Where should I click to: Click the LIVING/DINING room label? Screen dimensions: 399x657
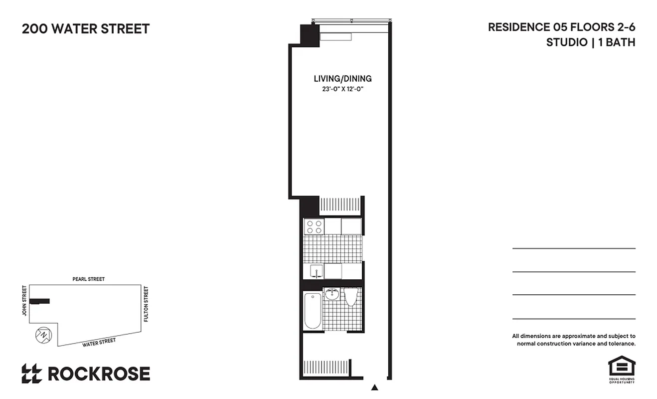click(x=342, y=79)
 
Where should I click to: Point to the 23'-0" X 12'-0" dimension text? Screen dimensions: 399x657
click(x=342, y=90)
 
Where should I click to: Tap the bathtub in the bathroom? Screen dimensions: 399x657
click(x=313, y=310)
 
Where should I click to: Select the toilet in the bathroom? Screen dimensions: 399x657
click(x=351, y=297)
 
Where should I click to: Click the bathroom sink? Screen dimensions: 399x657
click(x=332, y=295)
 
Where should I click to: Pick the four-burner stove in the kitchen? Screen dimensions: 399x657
click(x=314, y=227)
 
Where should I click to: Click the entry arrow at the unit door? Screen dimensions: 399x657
click(x=375, y=387)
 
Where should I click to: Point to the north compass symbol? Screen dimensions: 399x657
click(x=43, y=335)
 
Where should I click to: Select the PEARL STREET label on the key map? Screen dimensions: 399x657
click(x=88, y=279)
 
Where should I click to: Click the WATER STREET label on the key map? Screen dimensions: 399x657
click(x=99, y=342)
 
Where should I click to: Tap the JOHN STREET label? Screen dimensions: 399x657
click(x=23, y=301)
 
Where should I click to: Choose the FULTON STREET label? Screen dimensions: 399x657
click(x=146, y=304)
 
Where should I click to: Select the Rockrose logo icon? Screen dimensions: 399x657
click(x=31, y=374)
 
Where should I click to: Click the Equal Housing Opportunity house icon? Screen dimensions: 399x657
click(x=621, y=367)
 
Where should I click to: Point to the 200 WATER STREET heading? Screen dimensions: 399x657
click(x=86, y=29)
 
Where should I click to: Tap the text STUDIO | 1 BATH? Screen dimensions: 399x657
click(x=591, y=42)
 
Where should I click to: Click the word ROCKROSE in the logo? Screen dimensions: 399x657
click(x=98, y=374)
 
